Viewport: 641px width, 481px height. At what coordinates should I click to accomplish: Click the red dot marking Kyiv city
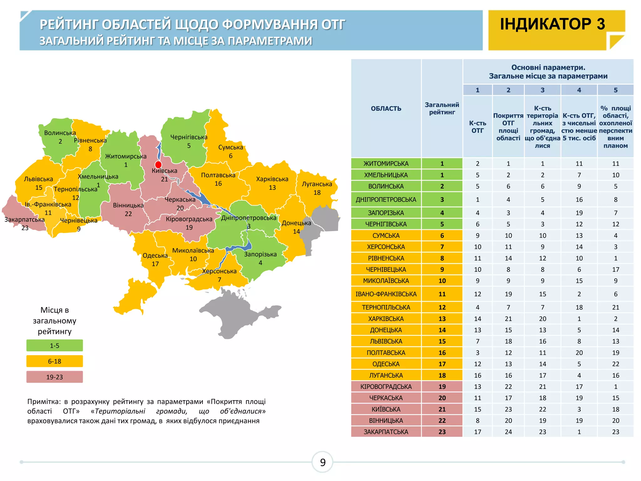[x=158, y=165]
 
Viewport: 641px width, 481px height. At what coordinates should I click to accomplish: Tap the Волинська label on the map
[x=60, y=133]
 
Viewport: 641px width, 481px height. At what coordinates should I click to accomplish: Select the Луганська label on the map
[x=317, y=184]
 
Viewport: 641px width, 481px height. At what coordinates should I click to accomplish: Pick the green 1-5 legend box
[x=54, y=345]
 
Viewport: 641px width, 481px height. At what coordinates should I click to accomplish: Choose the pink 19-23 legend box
[x=54, y=377]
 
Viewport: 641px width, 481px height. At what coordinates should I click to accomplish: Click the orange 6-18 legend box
[x=54, y=361]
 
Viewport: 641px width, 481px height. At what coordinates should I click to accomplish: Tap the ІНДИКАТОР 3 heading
[x=552, y=24]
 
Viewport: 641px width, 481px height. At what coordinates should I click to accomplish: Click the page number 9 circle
[x=322, y=462]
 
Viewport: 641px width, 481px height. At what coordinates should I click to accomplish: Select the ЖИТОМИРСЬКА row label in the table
[x=386, y=163]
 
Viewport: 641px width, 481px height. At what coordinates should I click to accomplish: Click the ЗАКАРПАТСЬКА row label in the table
[x=386, y=432]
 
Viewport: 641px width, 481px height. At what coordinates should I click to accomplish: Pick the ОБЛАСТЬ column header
[x=386, y=109]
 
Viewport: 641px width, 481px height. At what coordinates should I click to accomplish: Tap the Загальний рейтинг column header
[x=442, y=108]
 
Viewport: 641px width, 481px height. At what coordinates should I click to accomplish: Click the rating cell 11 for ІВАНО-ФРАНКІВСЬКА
[x=442, y=294]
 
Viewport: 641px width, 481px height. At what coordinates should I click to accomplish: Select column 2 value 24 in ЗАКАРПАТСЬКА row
[x=508, y=432]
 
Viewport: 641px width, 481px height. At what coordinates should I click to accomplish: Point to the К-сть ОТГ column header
[x=477, y=127]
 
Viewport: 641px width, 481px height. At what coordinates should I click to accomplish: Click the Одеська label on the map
[x=155, y=256]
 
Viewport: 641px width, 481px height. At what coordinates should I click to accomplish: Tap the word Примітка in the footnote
[x=44, y=401]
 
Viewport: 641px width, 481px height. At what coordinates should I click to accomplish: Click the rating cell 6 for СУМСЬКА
[x=442, y=235]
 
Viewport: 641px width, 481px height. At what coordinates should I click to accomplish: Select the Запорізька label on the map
[x=260, y=254]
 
